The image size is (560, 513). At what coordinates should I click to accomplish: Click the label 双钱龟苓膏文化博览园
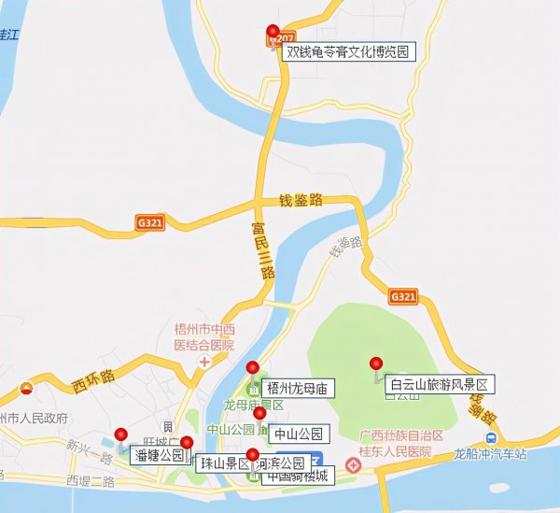(348, 53)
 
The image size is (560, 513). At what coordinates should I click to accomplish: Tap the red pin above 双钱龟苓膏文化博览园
(273, 34)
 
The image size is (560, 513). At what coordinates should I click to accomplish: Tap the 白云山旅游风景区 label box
(438, 384)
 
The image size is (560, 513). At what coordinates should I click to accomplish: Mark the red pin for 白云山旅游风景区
(376, 364)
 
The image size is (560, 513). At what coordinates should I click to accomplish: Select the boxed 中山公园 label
(300, 435)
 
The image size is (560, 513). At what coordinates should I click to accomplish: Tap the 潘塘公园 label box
(159, 456)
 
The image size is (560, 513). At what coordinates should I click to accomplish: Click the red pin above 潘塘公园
(121, 435)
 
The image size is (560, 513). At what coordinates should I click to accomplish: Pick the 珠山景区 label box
(221, 463)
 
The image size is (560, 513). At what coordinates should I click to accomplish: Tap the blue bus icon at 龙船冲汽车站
(491, 439)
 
